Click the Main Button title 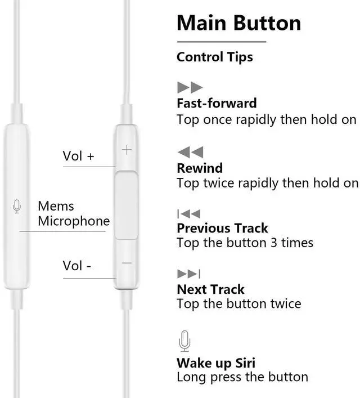click(238, 23)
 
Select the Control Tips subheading click(214, 57)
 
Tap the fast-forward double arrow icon click(190, 87)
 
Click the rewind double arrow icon click(190, 152)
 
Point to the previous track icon click(188, 213)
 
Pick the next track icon click(188, 274)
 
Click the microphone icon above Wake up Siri click(184, 341)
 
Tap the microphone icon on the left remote click(16, 207)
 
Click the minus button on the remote click(127, 263)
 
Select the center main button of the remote click(127, 205)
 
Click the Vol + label click(78, 156)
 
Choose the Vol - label click(76, 265)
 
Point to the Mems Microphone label click(73, 214)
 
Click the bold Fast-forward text click(217, 103)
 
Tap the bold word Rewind click(200, 168)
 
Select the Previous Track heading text click(222, 228)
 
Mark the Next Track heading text click(210, 289)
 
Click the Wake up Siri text click(216, 363)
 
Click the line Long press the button click(242, 377)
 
